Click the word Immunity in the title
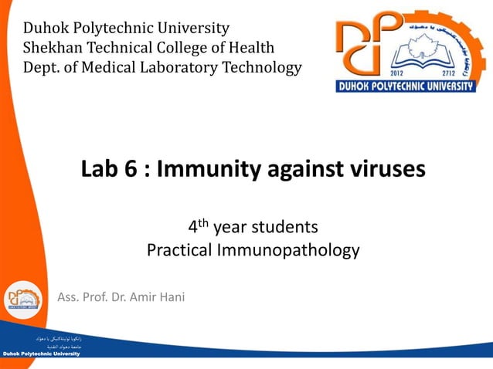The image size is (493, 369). (209, 169)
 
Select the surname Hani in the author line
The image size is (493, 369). (171, 297)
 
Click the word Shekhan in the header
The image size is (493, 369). (49, 49)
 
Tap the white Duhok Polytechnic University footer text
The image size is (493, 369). (41, 354)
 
